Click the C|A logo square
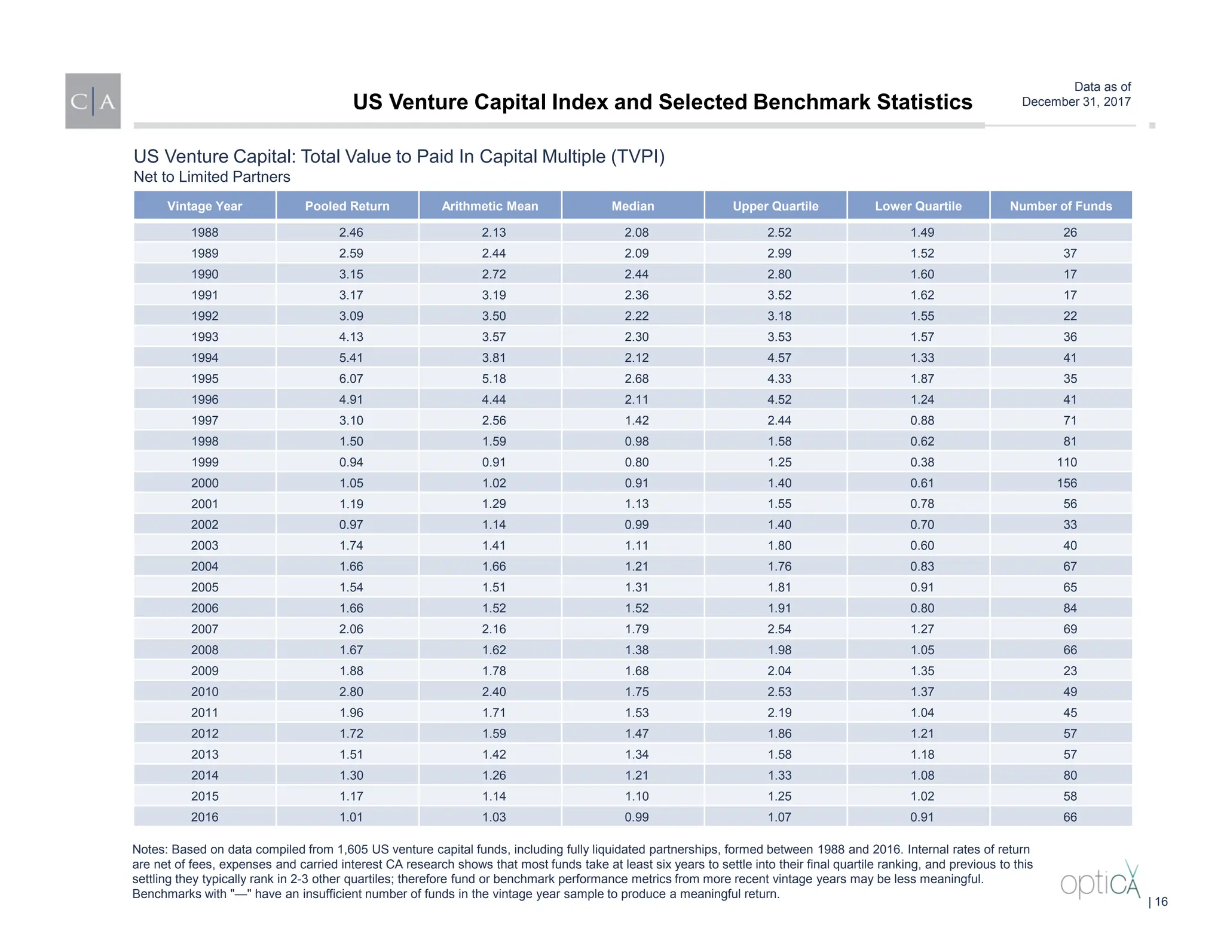coord(93,101)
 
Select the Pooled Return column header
coord(347,206)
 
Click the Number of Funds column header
coord(1061,206)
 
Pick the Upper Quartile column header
coord(775,206)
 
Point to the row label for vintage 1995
coord(205,379)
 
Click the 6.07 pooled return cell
coord(351,379)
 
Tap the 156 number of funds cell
coord(1067,483)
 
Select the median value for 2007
coord(637,629)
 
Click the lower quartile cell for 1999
coord(922,462)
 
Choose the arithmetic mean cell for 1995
coord(494,379)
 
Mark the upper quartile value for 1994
coord(779,358)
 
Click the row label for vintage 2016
coord(205,817)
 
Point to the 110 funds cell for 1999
coord(1067,462)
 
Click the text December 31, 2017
coord(1076,102)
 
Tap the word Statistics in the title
coord(924,102)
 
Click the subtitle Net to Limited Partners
coord(212,177)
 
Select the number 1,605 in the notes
coord(354,850)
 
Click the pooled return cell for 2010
coord(351,692)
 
